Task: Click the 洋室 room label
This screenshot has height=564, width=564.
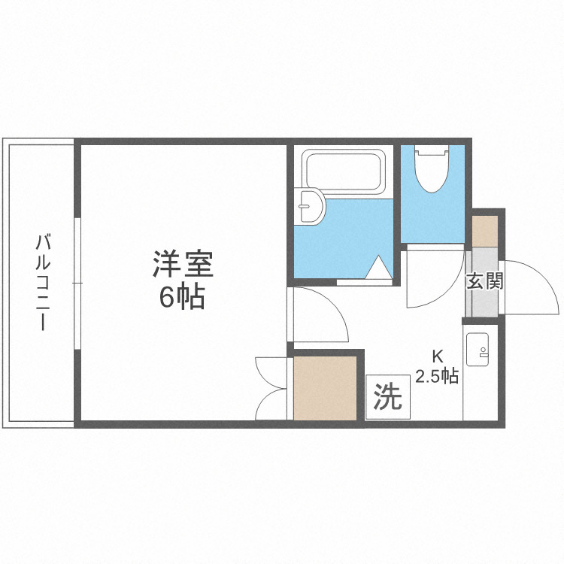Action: click(x=183, y=265)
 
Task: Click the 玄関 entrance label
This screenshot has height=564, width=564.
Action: click(x=484, y=282)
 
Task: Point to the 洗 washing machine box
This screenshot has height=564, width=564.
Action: click(x=389, y=396)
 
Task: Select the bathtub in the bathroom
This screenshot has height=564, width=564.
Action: click(x=344, y=173)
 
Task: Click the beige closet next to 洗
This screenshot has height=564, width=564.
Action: click(x=325, y=388)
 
